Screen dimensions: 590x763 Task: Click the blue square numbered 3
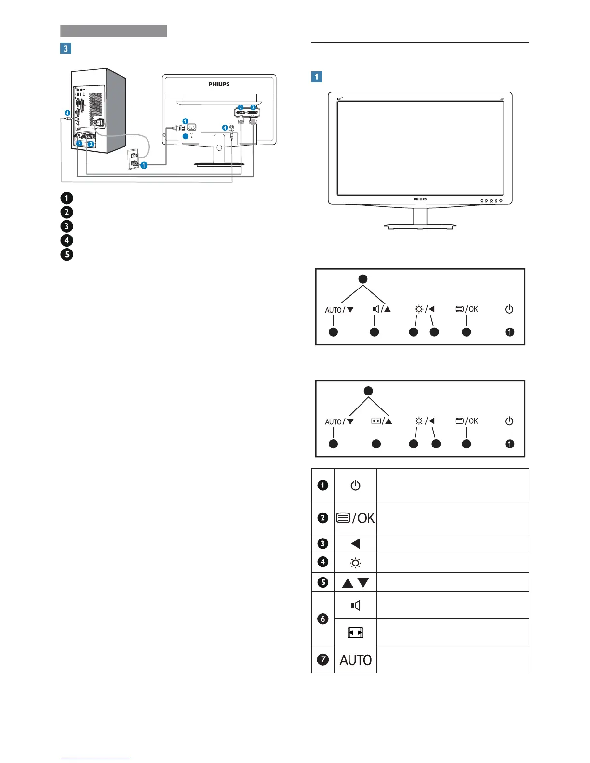(x=66, y=48)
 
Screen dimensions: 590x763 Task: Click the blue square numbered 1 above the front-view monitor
(x=317, y=77)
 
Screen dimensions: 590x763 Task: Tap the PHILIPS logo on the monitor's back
(x=219, y=84)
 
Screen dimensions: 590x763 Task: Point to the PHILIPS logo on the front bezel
(x=420, y=199)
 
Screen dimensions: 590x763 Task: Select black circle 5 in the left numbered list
(x=67, y=254)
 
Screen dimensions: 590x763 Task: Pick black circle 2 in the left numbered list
(x=67, y=212)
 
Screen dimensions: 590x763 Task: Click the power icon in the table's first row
(x=355, y=485)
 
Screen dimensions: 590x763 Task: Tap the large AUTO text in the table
(x=355, y=660)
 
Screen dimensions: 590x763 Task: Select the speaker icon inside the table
(x=355, y=605)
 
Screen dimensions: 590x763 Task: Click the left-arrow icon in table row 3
(x=355, y=544)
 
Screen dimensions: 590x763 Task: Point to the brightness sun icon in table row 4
(x=355, y=563)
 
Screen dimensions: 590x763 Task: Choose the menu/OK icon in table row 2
(x=355, y=518)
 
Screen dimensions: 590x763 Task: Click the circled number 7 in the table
(x=323, y=659)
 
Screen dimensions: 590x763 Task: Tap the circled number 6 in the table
(x=323, y=619)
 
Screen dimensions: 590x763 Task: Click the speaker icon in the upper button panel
(x=375, y=309)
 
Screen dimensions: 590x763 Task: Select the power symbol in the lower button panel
(x=509, y=421)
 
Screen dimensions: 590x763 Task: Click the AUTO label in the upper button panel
(x=333, y=310)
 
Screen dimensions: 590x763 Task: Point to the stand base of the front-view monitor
(x=420, y=226)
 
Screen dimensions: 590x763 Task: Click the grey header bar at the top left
(x=114, y=31)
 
